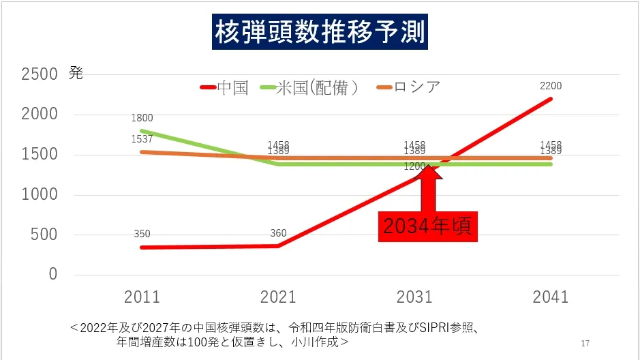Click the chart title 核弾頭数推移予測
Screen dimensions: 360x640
coord(320,31)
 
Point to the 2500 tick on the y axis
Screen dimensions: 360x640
coord(39,74)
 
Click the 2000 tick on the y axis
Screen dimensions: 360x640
coord(39,115)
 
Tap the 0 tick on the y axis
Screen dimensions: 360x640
coord(52,274)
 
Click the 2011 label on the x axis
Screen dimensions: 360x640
coord(142,297)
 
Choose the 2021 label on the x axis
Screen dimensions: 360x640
coord(278,297)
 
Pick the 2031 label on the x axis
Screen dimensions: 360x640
coord(414,297)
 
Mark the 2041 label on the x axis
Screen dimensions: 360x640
coord(551,297)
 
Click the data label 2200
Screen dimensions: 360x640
coord(551,86)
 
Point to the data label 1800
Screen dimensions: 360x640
coord(142,118)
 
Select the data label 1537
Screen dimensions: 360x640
coord(142,139)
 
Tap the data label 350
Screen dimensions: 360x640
coord(142,234)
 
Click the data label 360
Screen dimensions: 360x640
coord(278,233)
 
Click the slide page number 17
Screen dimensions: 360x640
coord(585,342)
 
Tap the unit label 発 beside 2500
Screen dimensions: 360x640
coord(76,74)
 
